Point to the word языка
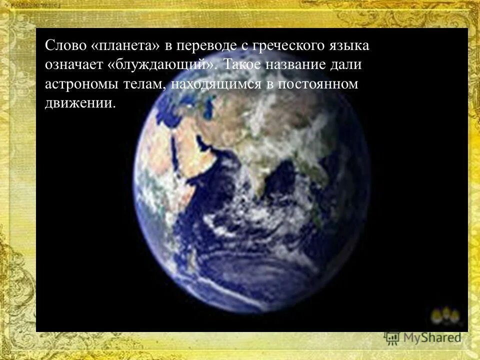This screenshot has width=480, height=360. pos(350,46)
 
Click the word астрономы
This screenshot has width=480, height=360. pos(81,84)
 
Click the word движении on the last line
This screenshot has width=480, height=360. pos(80,103)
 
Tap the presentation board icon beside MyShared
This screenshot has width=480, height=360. pos(392,337)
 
